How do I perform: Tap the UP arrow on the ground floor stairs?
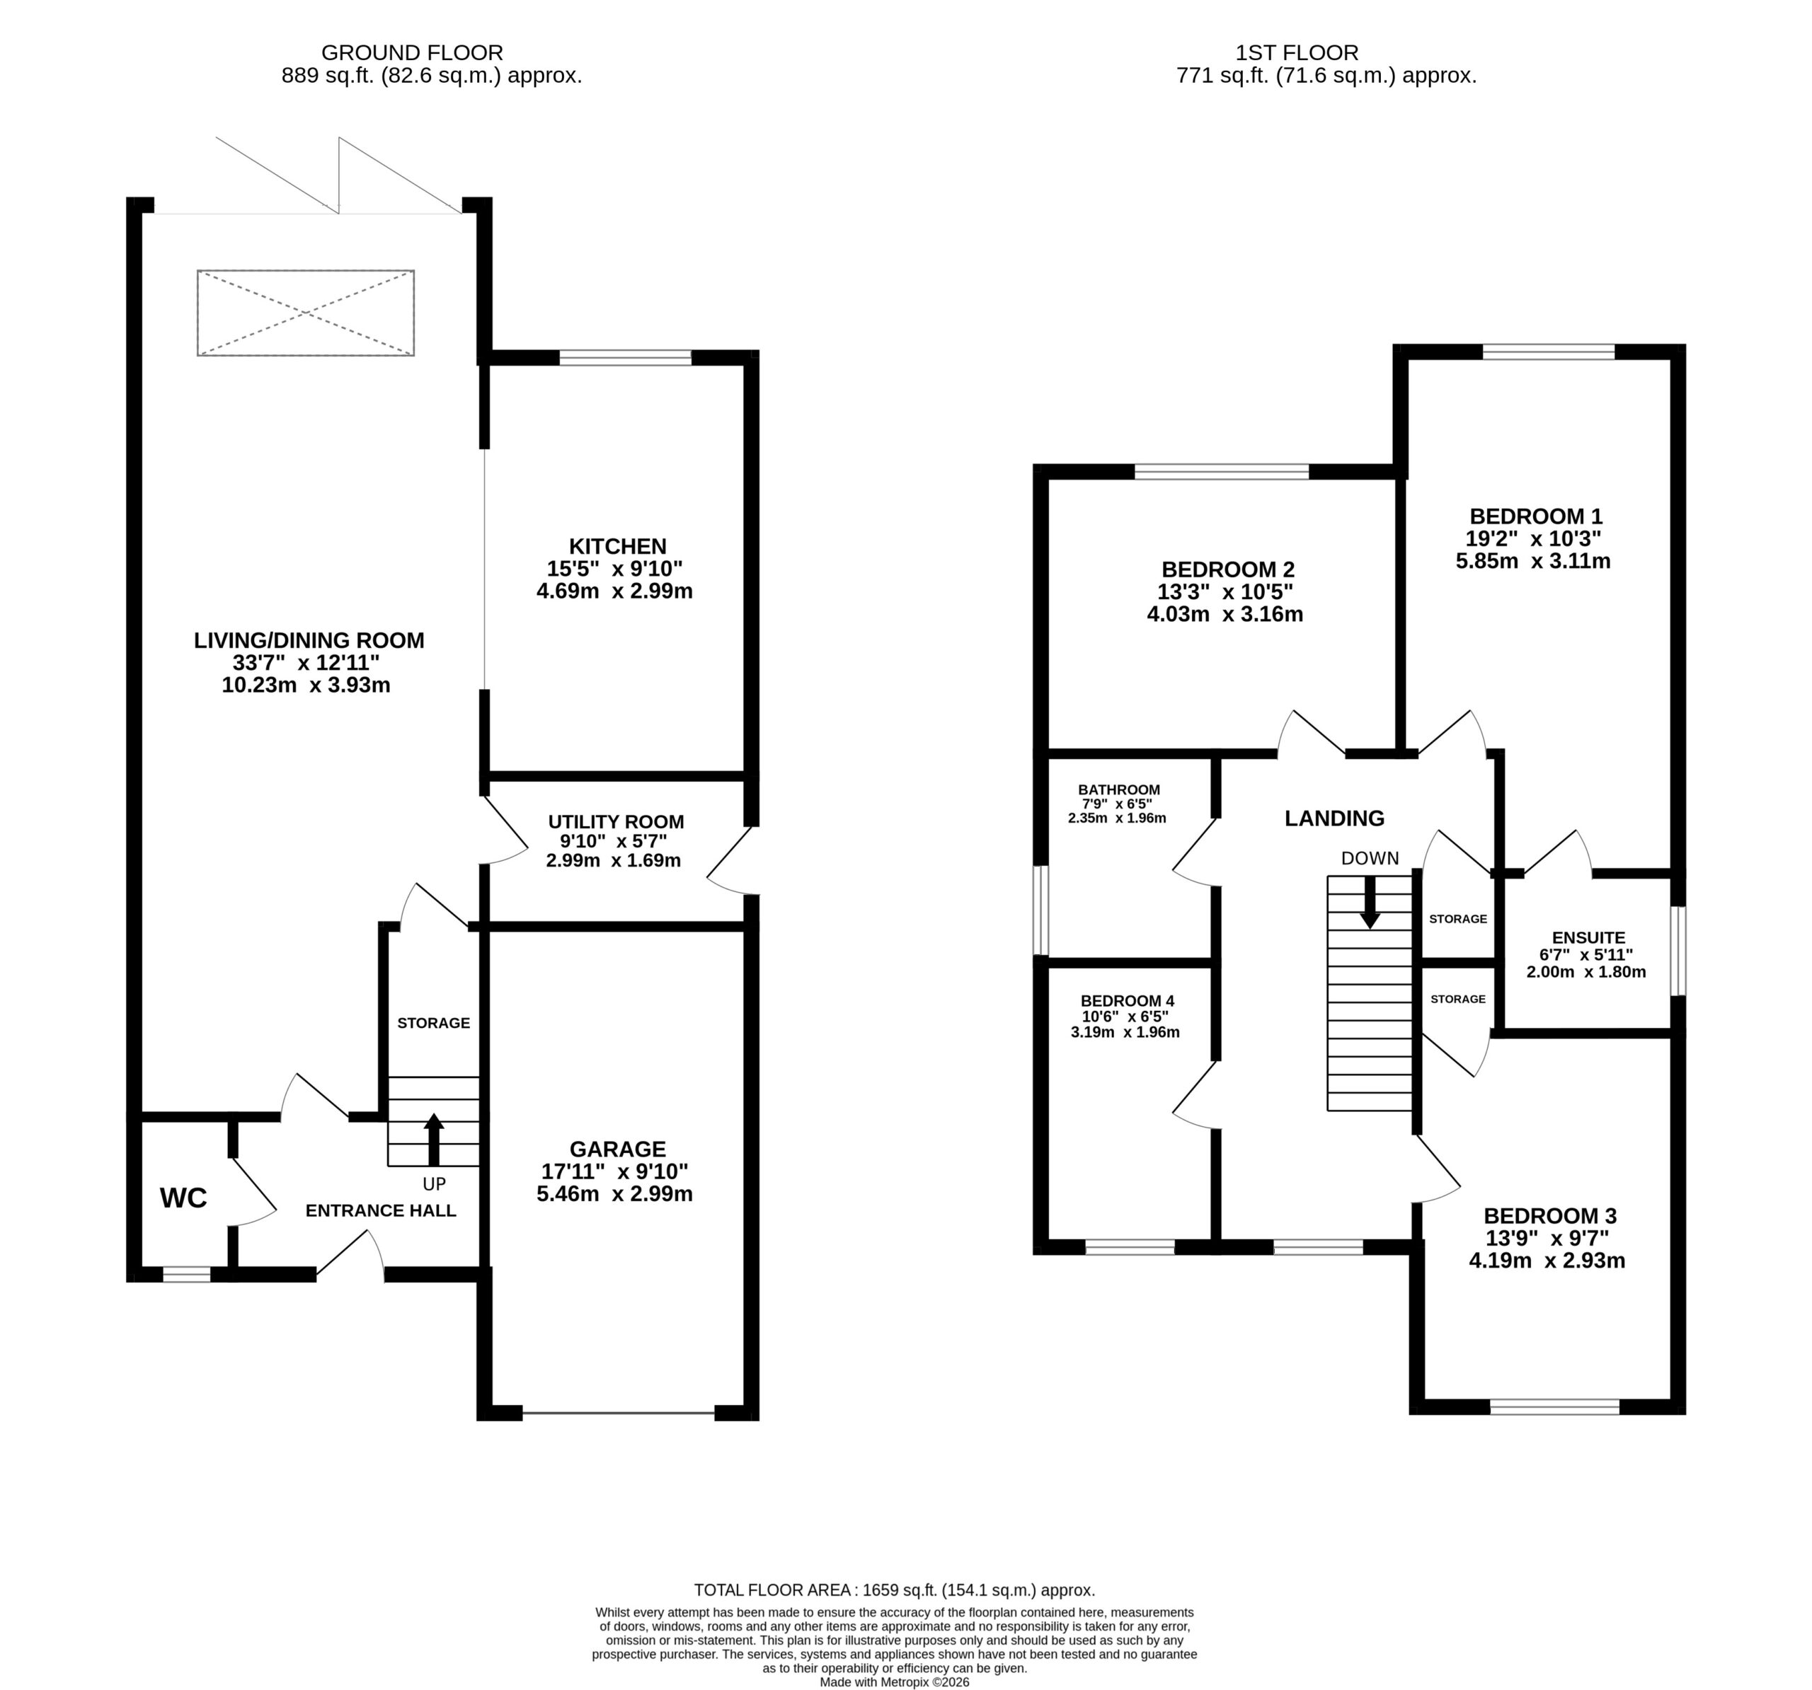(x=434, y=1139)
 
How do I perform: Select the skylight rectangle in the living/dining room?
(x=305, y=313)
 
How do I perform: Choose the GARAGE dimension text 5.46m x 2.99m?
(x=614, y=1193)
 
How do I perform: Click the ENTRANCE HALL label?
(x=380, y=1211)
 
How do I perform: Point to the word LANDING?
(x=1334, y=818)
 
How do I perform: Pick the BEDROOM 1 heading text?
(x=1535, y=516)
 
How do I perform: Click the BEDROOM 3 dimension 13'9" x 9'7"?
(x=1548, y=1238)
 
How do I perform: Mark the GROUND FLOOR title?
(x=412, y=53)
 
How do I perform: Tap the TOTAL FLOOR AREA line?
(x=894, y=1590)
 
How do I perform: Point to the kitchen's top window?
(x=625, y=357)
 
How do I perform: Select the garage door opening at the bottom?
(x=618, y=1413)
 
